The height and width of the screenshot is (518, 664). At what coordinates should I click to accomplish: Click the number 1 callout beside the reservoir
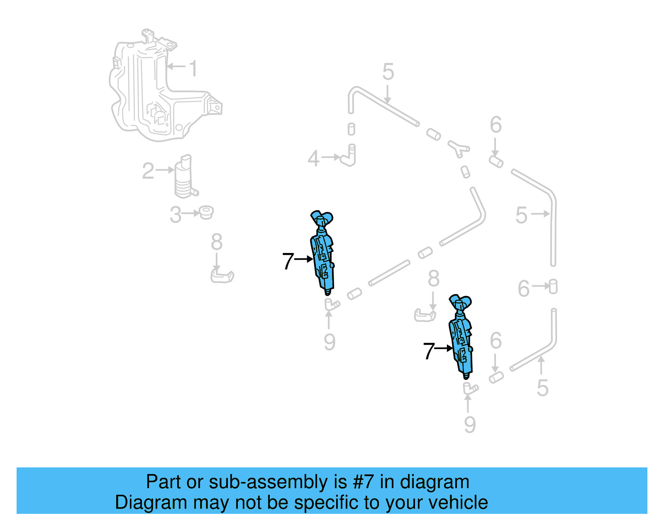tap(193, 68)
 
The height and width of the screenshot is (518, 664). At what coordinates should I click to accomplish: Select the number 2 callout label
tap(148, 171)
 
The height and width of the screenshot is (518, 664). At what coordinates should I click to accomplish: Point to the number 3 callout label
tap(176, 215)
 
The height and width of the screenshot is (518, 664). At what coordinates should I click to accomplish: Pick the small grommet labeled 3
tap(206, 213)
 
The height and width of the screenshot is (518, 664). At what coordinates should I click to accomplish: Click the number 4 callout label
tap(314, 158)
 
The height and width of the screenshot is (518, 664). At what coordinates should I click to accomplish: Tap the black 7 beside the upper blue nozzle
tap(288, 261)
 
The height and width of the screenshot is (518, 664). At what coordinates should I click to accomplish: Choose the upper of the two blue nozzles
tap(323, 253)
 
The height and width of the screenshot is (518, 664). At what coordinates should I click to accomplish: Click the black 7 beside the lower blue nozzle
tap(429, 351)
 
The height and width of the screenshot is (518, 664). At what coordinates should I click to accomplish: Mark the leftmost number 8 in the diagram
tap(217, 242)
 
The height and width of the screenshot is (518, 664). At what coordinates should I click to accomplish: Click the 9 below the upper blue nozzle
tap(330, 342)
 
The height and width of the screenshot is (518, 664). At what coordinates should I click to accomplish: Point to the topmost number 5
tap(388, 72)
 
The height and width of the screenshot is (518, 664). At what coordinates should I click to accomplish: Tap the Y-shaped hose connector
tap(458, 148)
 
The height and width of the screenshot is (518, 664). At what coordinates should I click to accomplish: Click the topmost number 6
tap(496, 125)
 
